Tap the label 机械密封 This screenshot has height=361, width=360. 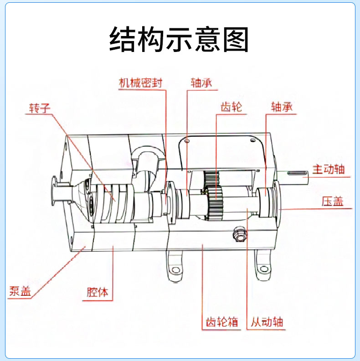pyautogui.click(x=140, y=83)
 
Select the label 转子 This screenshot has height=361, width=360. pyautogui.click(x=39, y=108)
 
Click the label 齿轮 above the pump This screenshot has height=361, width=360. pyautogui.click(x=231, y=108)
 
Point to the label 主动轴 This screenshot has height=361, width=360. pyautogui.click(x=329, y=170)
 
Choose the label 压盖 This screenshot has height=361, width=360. pyautogui.click(x=332, y=201)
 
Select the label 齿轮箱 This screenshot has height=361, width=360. pyautogui.click(x=220, y=322)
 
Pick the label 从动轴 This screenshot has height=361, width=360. pyautogui.click(x=267, y=322)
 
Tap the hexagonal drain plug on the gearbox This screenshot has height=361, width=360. pyautogui.click(x=239, y=235)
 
